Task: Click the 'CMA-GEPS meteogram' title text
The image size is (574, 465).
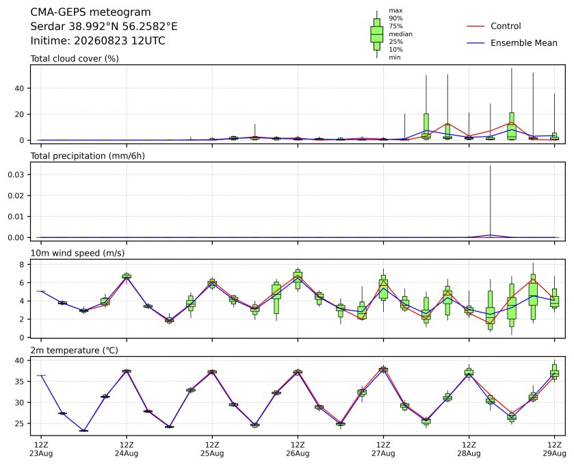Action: pyautogui.click(x=90, y=12)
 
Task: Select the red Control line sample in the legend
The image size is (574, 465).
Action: pyautogui.click(x=475, y=27)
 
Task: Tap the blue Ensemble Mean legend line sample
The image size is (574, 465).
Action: pyautogui.click(x=475, y=43)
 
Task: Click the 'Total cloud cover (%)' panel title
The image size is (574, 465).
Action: pyautogui.click(x=75, y=59)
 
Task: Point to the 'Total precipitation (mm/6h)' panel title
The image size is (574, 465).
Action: pyautogui.click(x=88, y=156)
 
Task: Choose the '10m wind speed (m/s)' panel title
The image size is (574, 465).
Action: pyautogui.click(x=77, y=253)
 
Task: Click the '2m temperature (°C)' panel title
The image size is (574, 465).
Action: pyautogui.click(x=75, y=351)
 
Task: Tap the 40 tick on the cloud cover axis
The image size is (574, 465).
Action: pyautogui.click(x=19, y=88)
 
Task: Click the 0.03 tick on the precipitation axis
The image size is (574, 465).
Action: pyautogui.click(x=16, y=174)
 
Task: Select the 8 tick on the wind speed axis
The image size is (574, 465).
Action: pyautogui.click(x=22, y=264)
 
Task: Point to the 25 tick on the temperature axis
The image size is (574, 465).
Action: pyautogui.click(x=19, y=424)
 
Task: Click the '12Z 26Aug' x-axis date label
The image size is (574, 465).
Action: pyautogui.click(x=298, y=449)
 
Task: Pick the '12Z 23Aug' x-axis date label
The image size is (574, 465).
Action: pyautogui.click(x=41, y=449)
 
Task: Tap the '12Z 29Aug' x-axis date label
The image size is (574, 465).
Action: pyautogui.click(x=554, y=449)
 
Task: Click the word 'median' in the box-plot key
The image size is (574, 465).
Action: pyautogui.click(x=400, y=34)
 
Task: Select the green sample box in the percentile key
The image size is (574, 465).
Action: pyautogui.click(x=377, y=34)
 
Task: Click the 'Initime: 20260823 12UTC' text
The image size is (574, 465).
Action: pyautogui.click(x=98, y=40)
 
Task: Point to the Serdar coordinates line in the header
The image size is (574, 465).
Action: pyautogui.click(x=104, y=27)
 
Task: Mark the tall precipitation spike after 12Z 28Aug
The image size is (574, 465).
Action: pyautogui.click(x=490, y=201)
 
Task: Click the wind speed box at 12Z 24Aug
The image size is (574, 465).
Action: pyautogui.click(x=127, y=276)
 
